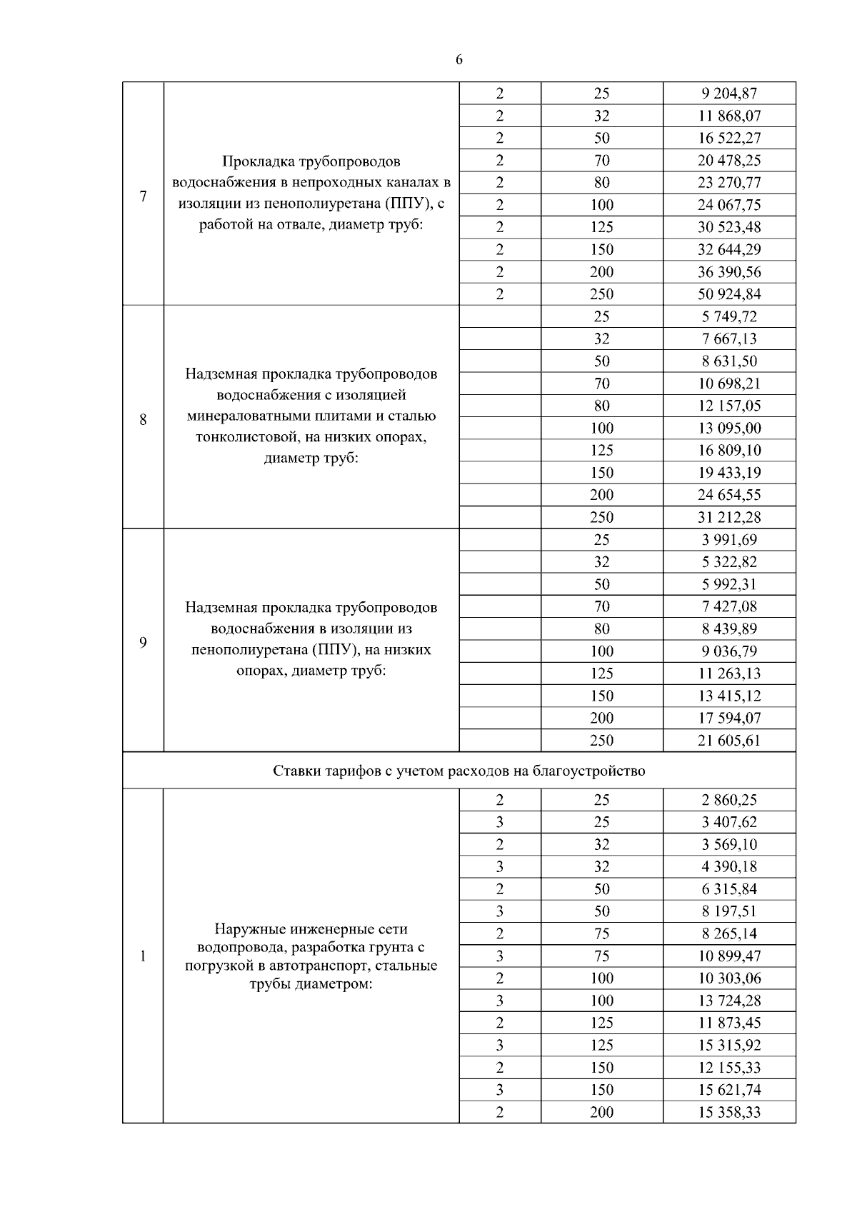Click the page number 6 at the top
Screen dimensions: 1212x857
tap(458, 60)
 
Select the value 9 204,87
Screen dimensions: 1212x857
tap(729, 94)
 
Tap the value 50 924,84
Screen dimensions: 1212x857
tap(729, 294)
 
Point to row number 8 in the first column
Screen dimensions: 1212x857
tap(143, 419)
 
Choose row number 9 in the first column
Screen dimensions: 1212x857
tap(143, 642)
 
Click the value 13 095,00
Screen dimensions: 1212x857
tap(729, 428)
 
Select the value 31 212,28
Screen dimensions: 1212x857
tap(729, 517)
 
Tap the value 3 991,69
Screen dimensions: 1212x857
tap(729, 540)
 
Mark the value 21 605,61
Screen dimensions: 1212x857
tap(729, 741)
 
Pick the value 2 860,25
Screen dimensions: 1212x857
tap(729, 800)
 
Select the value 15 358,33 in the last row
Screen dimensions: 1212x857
tap(729, 1112)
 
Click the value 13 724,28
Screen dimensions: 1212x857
tap(729, 1001)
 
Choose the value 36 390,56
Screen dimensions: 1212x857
tap(729, 272)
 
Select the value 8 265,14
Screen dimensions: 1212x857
tap(729, 933)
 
